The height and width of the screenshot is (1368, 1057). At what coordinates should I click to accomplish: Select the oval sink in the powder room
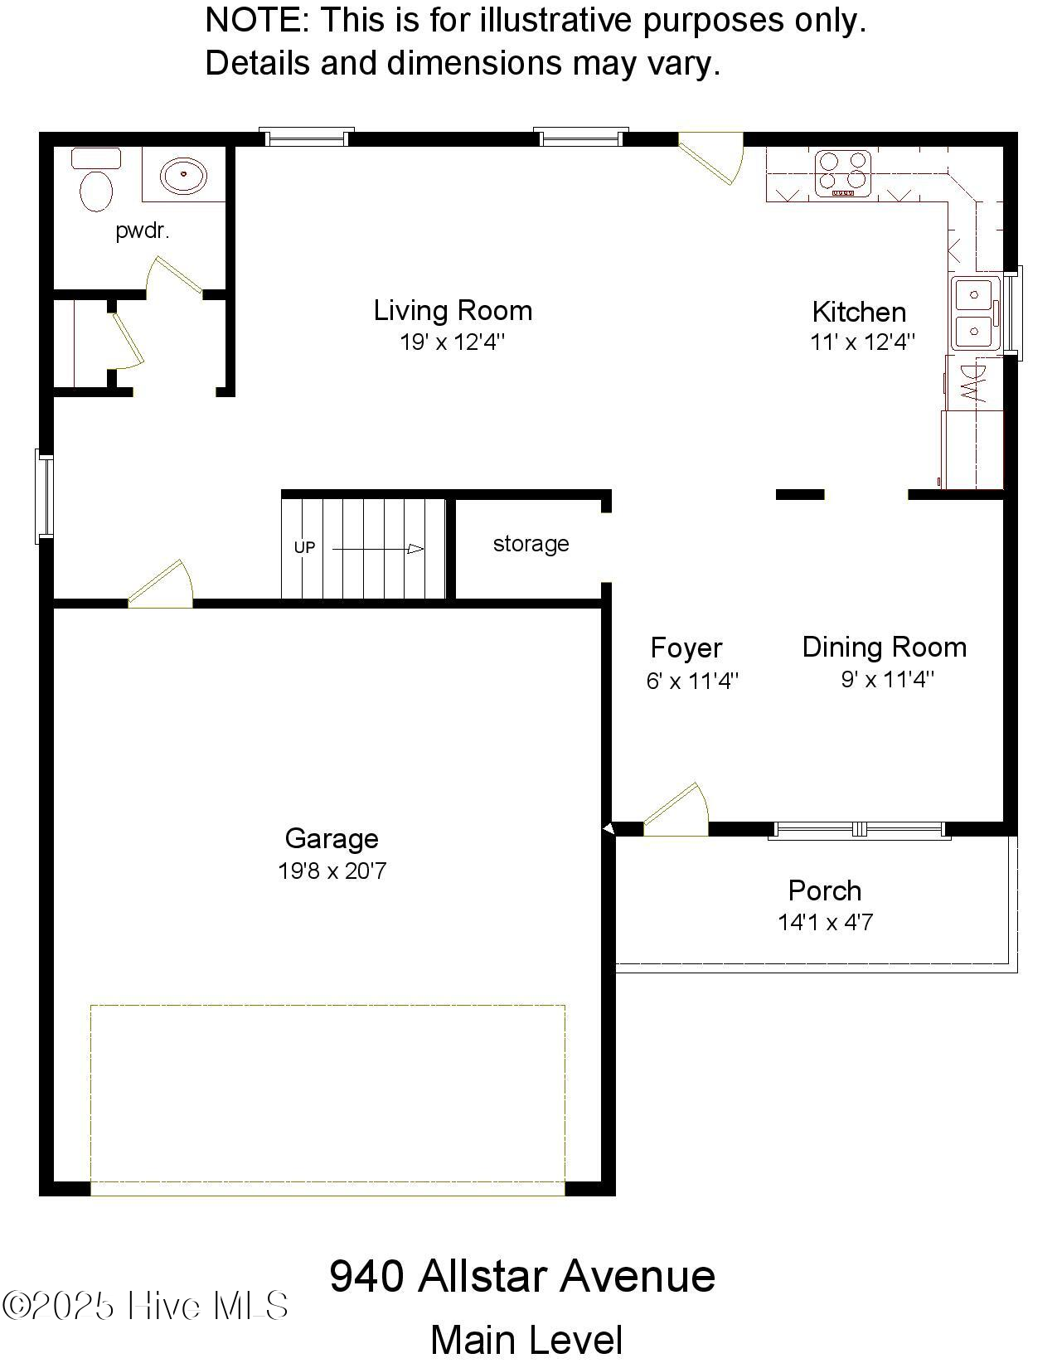183,176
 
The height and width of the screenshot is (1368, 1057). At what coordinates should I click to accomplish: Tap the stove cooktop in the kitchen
843,173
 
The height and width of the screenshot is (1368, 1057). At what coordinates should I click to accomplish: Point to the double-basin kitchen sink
975,313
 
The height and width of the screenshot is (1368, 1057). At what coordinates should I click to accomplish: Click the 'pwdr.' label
143,231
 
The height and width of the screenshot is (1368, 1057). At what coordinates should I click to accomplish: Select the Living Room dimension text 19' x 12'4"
452,342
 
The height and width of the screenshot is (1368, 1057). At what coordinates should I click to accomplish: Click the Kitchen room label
859,312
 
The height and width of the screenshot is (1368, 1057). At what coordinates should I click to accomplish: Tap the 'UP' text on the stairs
304,547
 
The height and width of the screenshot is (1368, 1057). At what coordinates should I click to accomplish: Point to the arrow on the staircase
379,549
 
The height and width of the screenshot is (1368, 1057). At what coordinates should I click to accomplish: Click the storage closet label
531,544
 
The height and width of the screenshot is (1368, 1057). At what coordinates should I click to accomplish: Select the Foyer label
686,648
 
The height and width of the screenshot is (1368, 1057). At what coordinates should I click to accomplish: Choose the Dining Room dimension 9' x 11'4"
887,680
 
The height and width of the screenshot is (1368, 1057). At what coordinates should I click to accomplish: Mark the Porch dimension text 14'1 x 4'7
825,922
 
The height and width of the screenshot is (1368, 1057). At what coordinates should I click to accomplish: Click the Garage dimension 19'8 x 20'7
332,871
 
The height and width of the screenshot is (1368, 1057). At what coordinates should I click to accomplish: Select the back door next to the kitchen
711,158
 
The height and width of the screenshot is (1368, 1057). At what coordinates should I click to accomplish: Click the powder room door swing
174,276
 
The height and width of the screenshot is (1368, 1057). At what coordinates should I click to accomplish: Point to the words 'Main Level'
526,1340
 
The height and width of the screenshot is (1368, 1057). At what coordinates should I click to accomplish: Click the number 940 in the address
366,1275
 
